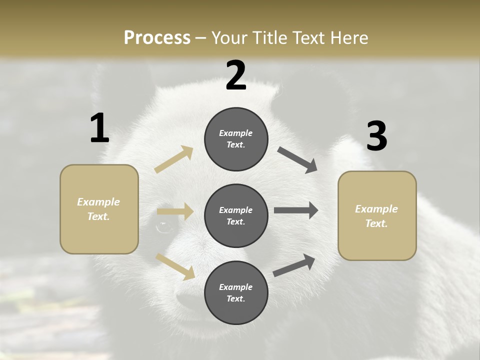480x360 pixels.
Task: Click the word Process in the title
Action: (157, 37)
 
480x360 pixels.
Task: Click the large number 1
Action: (99, 128)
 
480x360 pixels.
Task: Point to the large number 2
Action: (236, 75)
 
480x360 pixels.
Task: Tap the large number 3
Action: (377, 136)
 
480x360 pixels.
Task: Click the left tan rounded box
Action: (99, 209)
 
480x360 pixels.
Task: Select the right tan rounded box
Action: (377, 215)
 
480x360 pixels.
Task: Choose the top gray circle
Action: (236, 139)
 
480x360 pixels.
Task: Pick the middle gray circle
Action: (236, 215)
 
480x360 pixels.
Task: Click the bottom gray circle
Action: (236, 292)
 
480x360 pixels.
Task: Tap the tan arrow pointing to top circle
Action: (174, 159)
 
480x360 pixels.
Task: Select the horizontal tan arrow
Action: (175, 211)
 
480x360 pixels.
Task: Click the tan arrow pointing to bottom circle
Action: (175, 266)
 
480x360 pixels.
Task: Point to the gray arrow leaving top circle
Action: (297, 160)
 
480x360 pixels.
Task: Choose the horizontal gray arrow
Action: (296, 210)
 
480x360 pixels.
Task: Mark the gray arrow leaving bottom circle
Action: (294, 265)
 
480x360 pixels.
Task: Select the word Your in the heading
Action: (227, 37)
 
